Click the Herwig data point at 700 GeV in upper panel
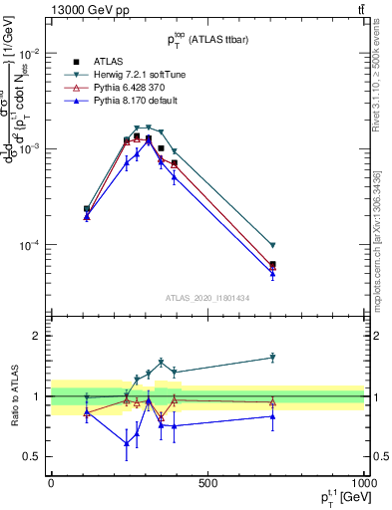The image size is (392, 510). point(272,245)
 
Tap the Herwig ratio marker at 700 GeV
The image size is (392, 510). point(272,358)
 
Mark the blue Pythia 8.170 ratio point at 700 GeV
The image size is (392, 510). point(272,416)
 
